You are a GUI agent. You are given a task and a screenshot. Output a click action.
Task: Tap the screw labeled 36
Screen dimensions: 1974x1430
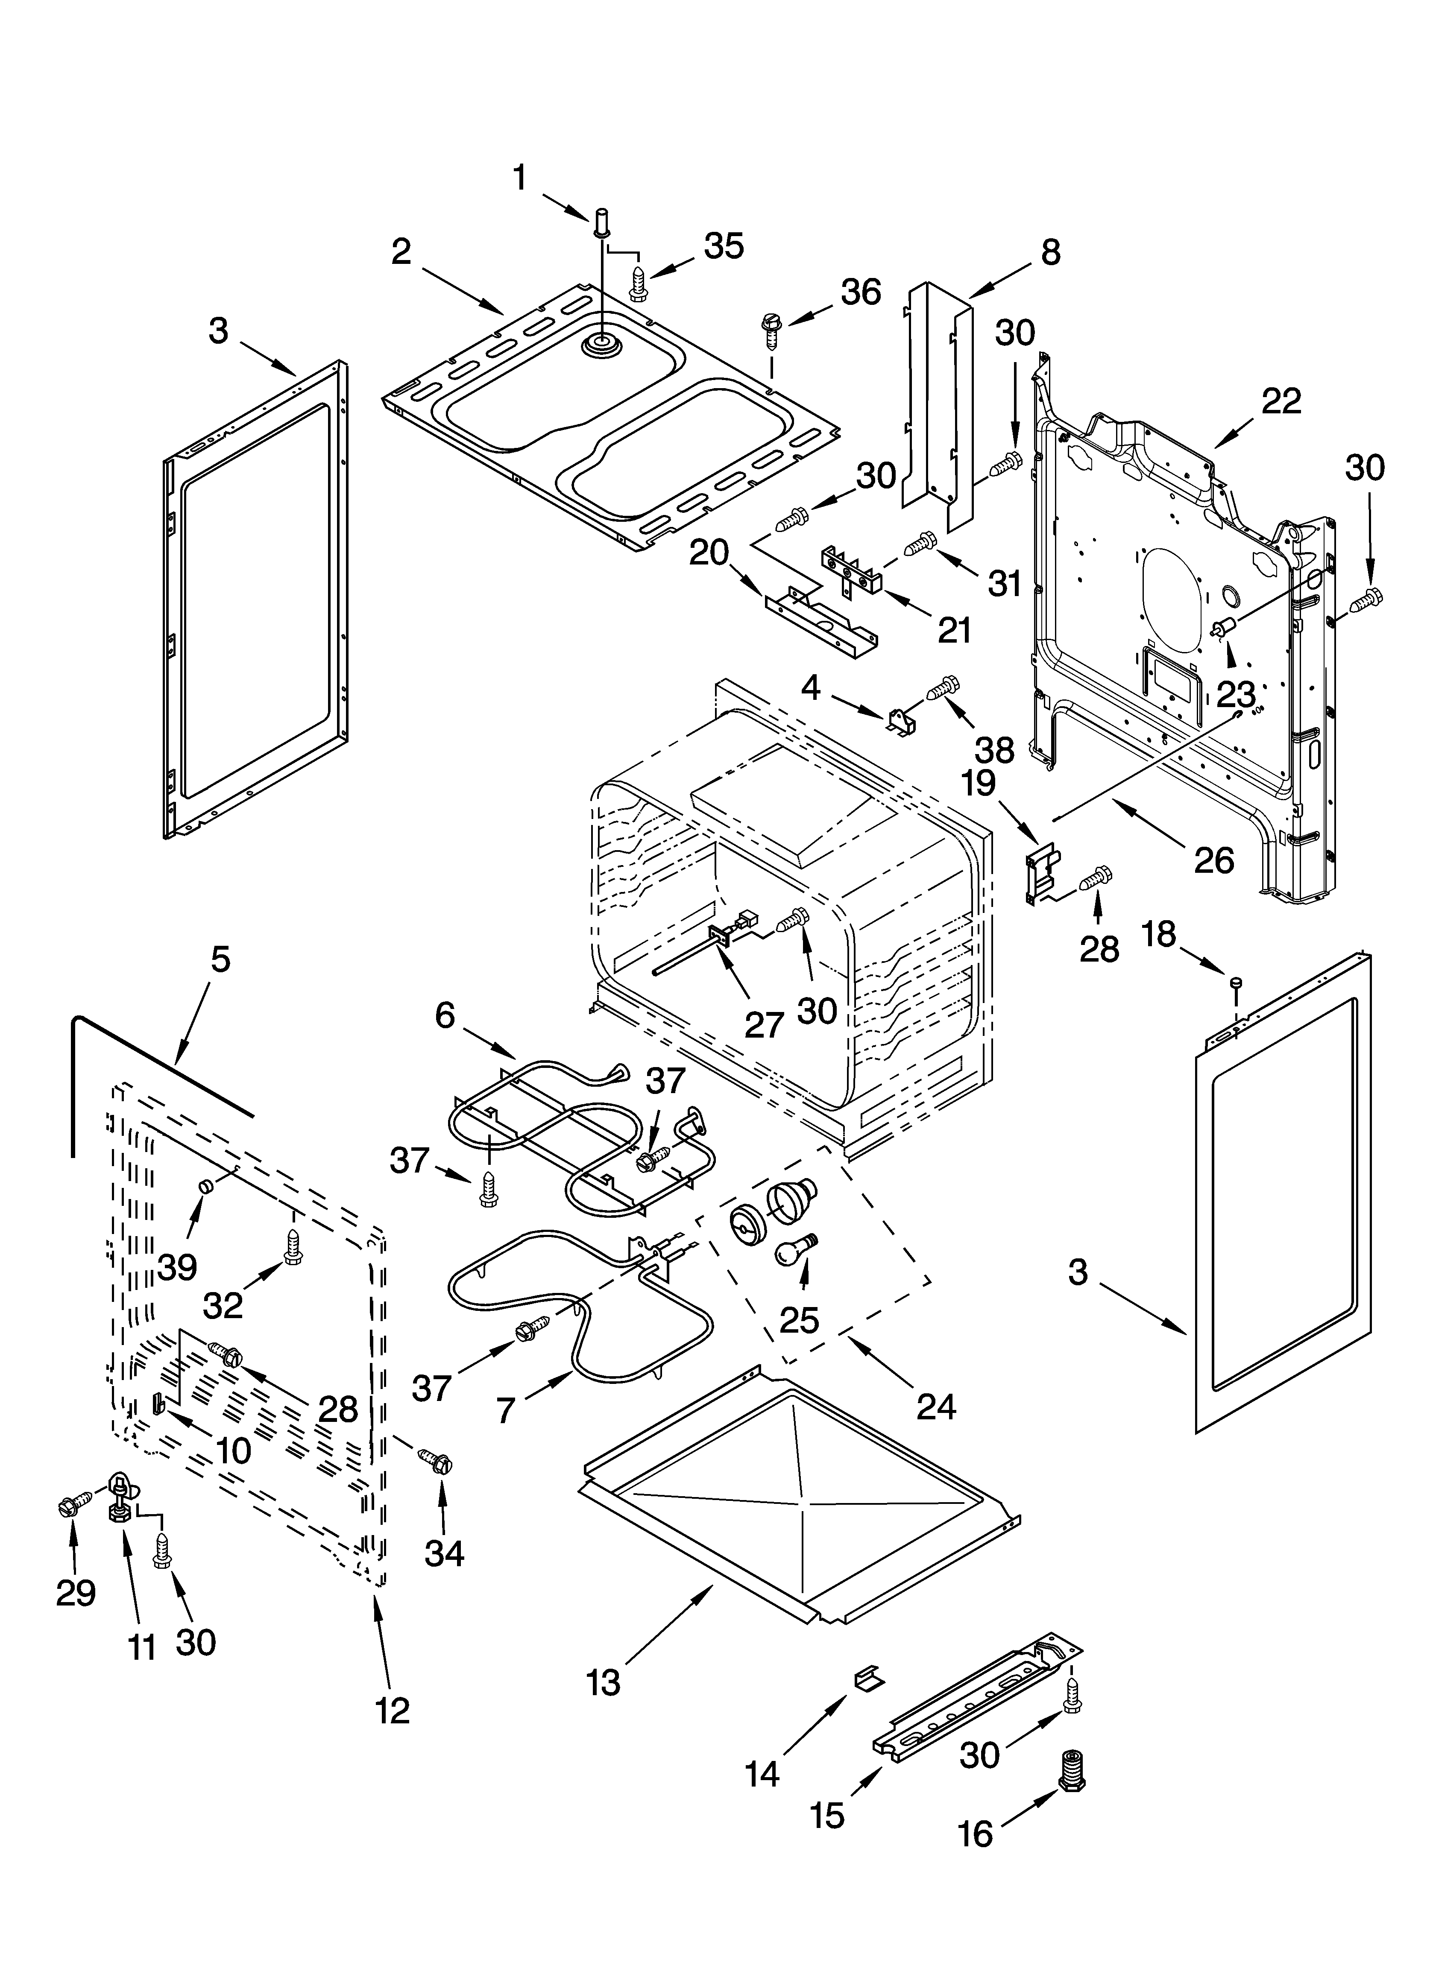(772, 323)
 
